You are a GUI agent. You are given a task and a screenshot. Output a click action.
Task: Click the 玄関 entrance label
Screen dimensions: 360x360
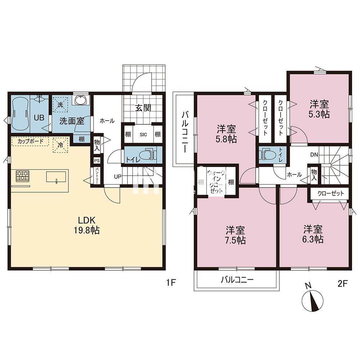coord(143,108)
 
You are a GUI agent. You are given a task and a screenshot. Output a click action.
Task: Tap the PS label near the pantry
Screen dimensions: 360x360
coord(97,161)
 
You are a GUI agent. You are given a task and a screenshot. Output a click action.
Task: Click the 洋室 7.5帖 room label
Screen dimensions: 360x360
coord(236,235)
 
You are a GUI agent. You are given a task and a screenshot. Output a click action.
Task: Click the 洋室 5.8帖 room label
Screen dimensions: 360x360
coord(226,134)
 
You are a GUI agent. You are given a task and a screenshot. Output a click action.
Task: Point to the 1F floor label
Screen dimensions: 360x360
coord(170,283)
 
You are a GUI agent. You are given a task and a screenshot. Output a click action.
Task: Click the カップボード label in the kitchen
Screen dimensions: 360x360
coord(31,141)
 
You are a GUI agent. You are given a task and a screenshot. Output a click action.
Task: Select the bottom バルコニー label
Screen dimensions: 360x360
coord(237,279)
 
